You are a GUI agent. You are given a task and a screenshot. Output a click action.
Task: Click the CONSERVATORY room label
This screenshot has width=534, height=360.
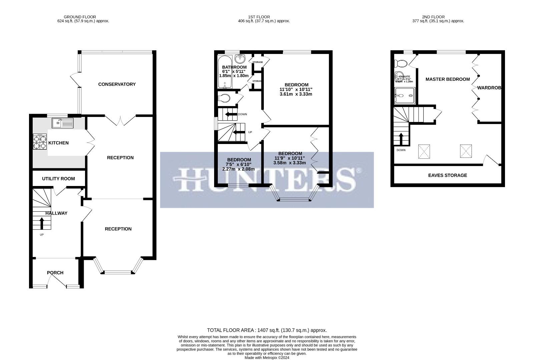[x=117, y=84]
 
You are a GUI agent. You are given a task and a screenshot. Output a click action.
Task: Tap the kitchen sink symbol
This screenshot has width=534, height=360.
[x=62, y=123]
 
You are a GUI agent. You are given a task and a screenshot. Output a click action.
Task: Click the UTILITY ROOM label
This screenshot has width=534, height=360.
[x=58, y=179]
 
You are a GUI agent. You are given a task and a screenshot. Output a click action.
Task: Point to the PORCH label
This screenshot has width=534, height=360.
[x=55, y=273]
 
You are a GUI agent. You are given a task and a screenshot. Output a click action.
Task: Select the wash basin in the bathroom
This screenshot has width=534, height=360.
[x=240, y=59]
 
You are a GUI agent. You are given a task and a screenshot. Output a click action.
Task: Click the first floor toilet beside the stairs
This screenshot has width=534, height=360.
[x=224, y=98]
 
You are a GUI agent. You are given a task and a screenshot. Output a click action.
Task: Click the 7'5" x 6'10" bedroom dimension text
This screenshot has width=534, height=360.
[x=238, y=164]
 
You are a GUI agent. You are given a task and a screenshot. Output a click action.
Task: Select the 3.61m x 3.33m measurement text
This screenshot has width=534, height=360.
[x=296, y=94]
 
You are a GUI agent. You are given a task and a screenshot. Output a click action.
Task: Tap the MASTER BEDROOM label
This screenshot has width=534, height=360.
[x=448, y=79]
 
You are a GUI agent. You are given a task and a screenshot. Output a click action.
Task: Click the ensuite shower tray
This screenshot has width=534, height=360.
[x=405, y=96]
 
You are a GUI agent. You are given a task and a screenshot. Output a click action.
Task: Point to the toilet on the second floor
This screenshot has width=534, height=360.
[x=400, y=63]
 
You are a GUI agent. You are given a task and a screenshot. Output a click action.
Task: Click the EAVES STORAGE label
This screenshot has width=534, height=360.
[x=448, y=175]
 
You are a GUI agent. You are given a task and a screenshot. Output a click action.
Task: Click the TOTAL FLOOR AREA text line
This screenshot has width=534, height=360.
[x=267, y=330]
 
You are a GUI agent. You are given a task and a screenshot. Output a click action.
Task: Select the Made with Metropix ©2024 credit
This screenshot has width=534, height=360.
[x=267, y=358]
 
